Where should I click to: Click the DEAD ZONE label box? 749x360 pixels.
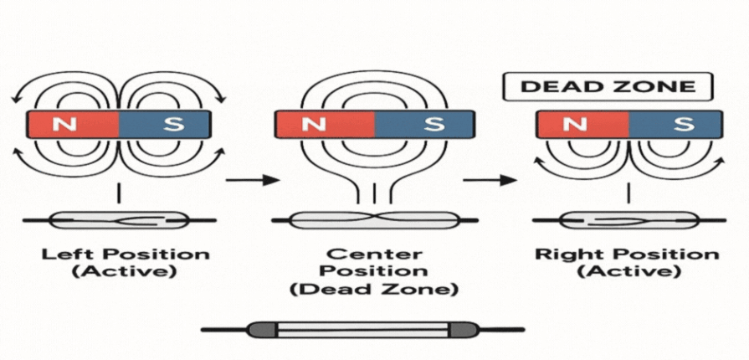[607, 87]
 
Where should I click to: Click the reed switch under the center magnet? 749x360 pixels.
[375, 221]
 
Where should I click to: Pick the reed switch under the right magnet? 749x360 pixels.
[628, 221]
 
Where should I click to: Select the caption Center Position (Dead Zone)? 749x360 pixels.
[375, 271]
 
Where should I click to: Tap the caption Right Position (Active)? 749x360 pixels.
[628, 263]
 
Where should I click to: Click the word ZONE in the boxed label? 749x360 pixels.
[663, 87]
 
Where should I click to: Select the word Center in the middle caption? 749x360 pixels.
[375, 253]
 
